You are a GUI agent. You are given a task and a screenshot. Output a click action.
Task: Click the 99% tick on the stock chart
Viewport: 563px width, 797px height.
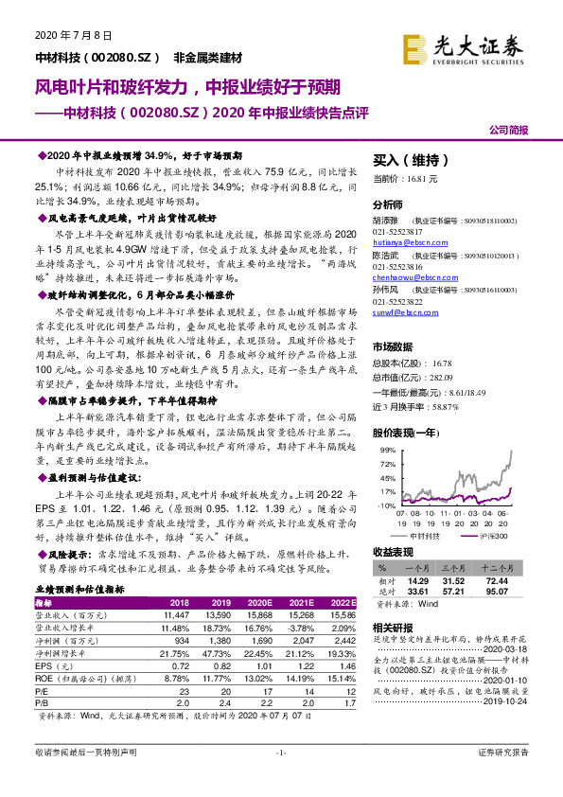(383, 450)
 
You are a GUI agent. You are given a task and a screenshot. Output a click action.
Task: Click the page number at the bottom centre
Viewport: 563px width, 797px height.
(280, 778)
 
